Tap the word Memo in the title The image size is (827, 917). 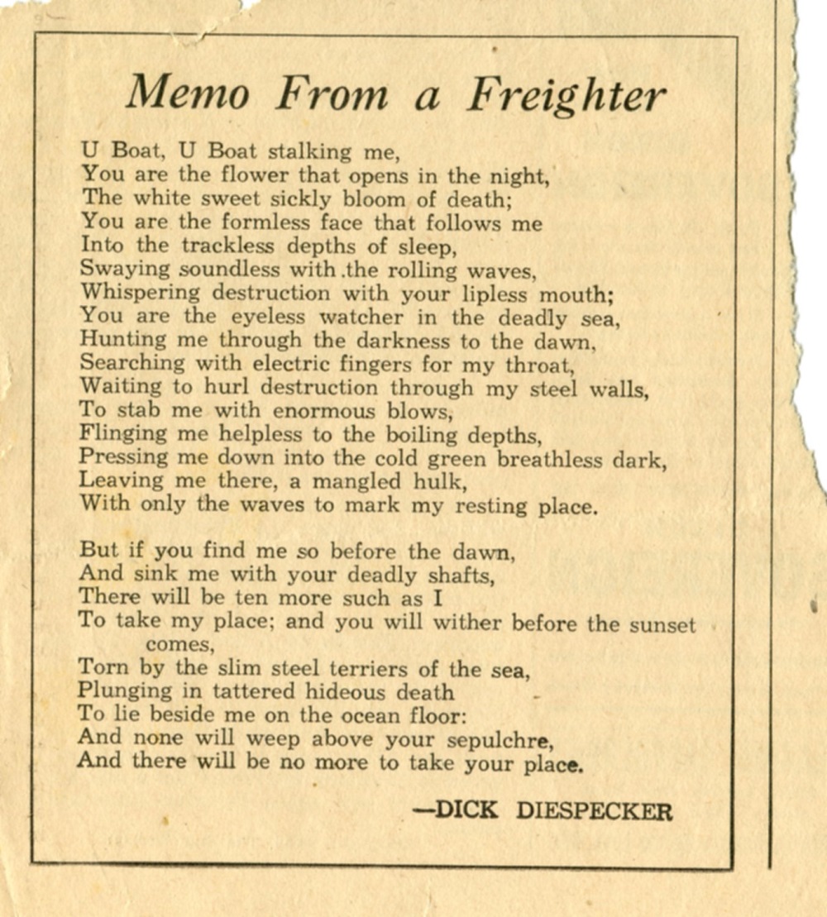click(188, 93)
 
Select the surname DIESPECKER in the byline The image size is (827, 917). click(595, 810)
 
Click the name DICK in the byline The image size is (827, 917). click(466, 810)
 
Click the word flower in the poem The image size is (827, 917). click(254, 175)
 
